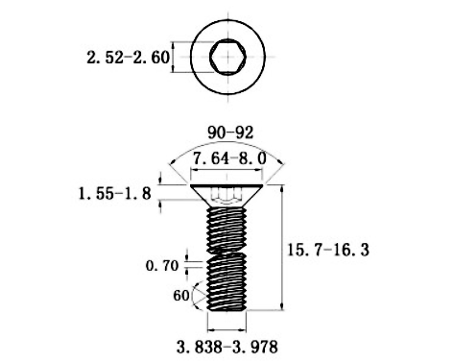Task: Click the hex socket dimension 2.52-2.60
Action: [128, 59]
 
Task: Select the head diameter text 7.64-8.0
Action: [227, 157]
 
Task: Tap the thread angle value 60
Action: [180, 296]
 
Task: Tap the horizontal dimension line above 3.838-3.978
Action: [227, 326]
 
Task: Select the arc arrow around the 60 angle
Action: [199, 295]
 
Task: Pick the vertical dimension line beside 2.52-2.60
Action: [174, 59]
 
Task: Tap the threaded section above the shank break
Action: [227, 226]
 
